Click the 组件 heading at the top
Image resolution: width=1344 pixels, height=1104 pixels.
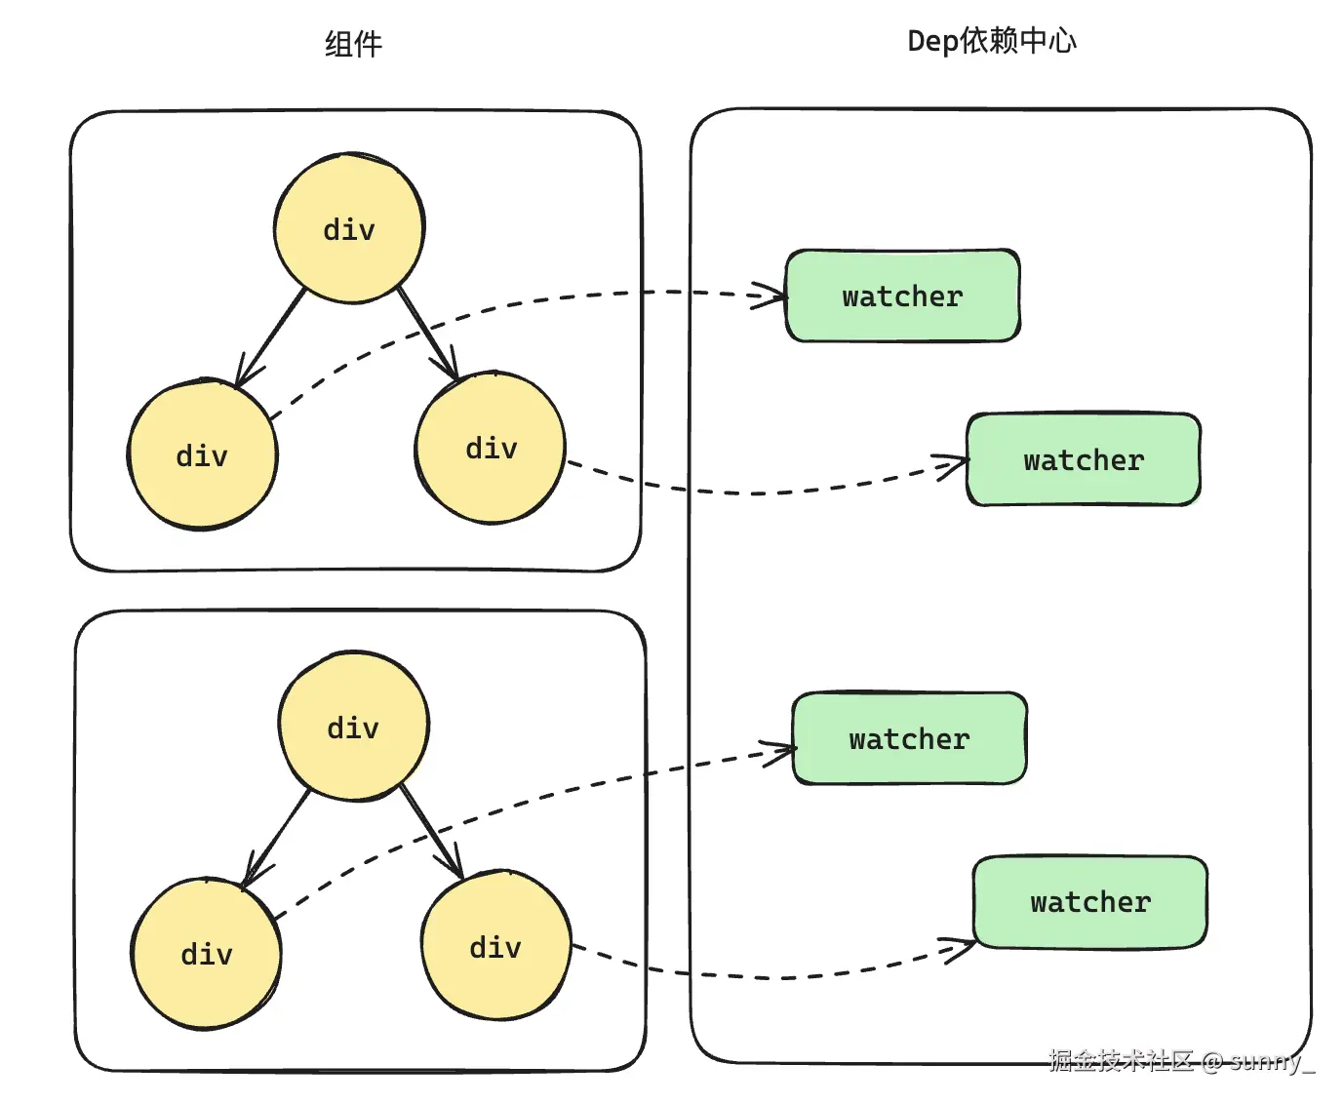click(353, 44)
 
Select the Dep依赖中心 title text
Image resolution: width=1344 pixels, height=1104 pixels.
click(991, 41)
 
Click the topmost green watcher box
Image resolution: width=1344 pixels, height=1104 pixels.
click(902, 296)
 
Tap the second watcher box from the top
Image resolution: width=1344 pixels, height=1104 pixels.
click(1083, 459)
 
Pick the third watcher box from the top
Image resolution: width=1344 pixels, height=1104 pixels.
click(909, 738)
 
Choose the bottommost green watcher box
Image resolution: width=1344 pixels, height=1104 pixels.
click(1089, 902)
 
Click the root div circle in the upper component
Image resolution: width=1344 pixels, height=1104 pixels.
click(349, 228)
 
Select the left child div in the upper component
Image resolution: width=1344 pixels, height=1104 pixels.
click(203, 455)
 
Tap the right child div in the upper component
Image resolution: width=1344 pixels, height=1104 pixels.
click(491, 448)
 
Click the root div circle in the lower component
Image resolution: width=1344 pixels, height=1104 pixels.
click(353, 727)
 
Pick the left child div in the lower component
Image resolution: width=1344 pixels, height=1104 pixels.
click(207, 953)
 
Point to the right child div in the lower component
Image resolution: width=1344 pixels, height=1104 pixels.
click(495, 946)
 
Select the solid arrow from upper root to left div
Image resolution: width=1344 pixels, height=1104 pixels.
click(271, 337)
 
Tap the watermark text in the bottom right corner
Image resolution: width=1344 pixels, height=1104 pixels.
click(1181, 1060)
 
